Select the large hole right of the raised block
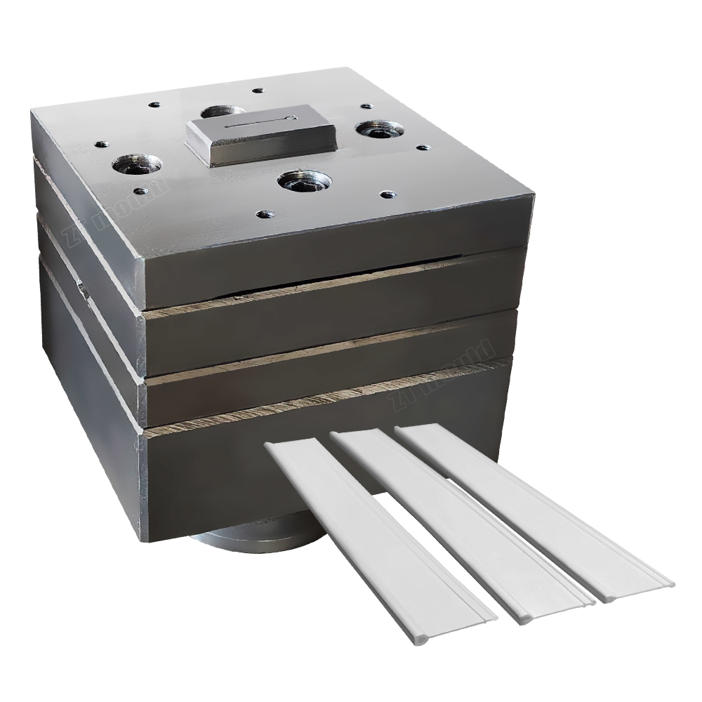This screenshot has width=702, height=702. coord(379,130)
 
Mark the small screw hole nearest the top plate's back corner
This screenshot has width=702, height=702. coord(258,91)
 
